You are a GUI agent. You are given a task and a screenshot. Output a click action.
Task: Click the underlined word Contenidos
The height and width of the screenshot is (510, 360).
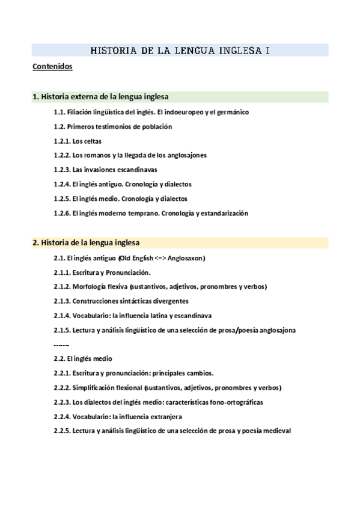pyautogui.click(x=52, y=67)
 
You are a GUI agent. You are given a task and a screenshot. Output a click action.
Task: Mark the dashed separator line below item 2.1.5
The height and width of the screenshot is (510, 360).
pyautogui.click(x=61, y=345)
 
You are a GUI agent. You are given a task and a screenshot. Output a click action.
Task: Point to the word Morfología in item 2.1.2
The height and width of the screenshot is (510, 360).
pyautogui.click(x=90, y=286)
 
